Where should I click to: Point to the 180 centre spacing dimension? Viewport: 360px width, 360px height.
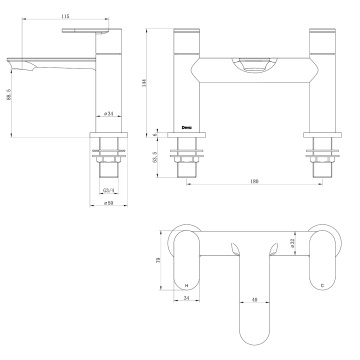pos(250,181)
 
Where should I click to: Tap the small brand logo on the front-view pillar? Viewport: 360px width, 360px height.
pos(187,126)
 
